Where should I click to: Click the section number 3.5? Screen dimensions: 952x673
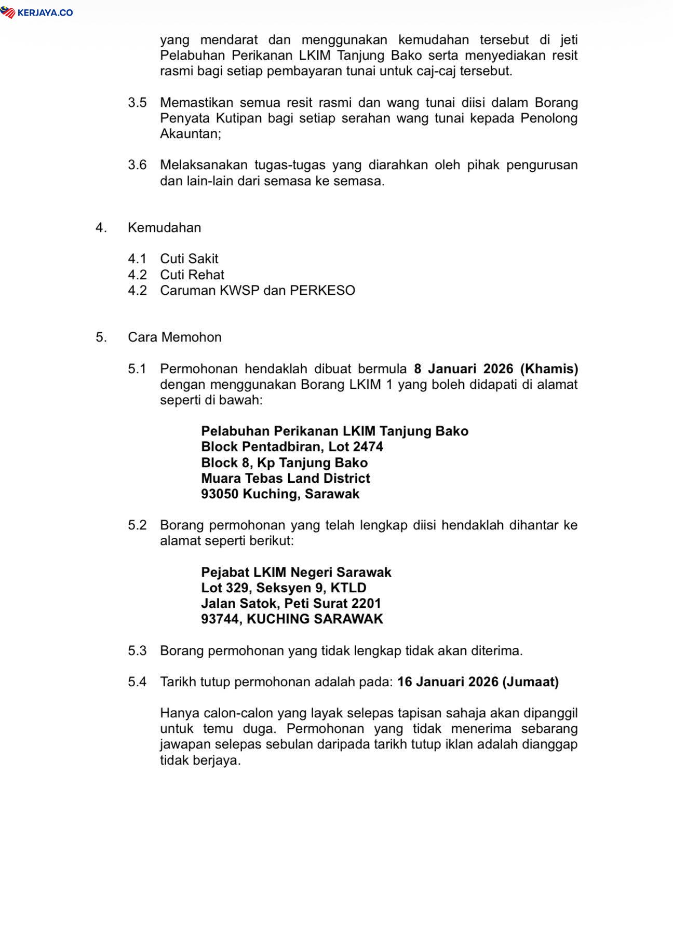point(137,102)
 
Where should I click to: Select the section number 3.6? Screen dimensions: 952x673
point(137,165)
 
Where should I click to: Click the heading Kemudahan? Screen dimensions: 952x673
point(164,227)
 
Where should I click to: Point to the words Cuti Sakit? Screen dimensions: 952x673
point(189,259)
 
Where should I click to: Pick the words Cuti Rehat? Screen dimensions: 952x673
point(192,275)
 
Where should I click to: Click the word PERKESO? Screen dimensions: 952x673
point(322,290)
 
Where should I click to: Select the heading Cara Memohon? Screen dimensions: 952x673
point(174,337)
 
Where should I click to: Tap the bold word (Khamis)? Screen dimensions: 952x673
point(549,369)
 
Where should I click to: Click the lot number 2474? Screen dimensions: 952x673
point(368,446)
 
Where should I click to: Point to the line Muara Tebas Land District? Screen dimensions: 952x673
point(286,478)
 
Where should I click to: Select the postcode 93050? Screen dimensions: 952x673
point(220,494)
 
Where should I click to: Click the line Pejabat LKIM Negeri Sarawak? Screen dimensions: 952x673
point(296,572)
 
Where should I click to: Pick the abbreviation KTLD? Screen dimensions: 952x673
point(348,588)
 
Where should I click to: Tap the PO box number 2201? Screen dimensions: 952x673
point(366,603)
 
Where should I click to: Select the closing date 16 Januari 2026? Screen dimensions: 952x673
point(448,682)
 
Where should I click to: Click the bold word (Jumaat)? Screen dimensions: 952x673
point(530,682)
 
